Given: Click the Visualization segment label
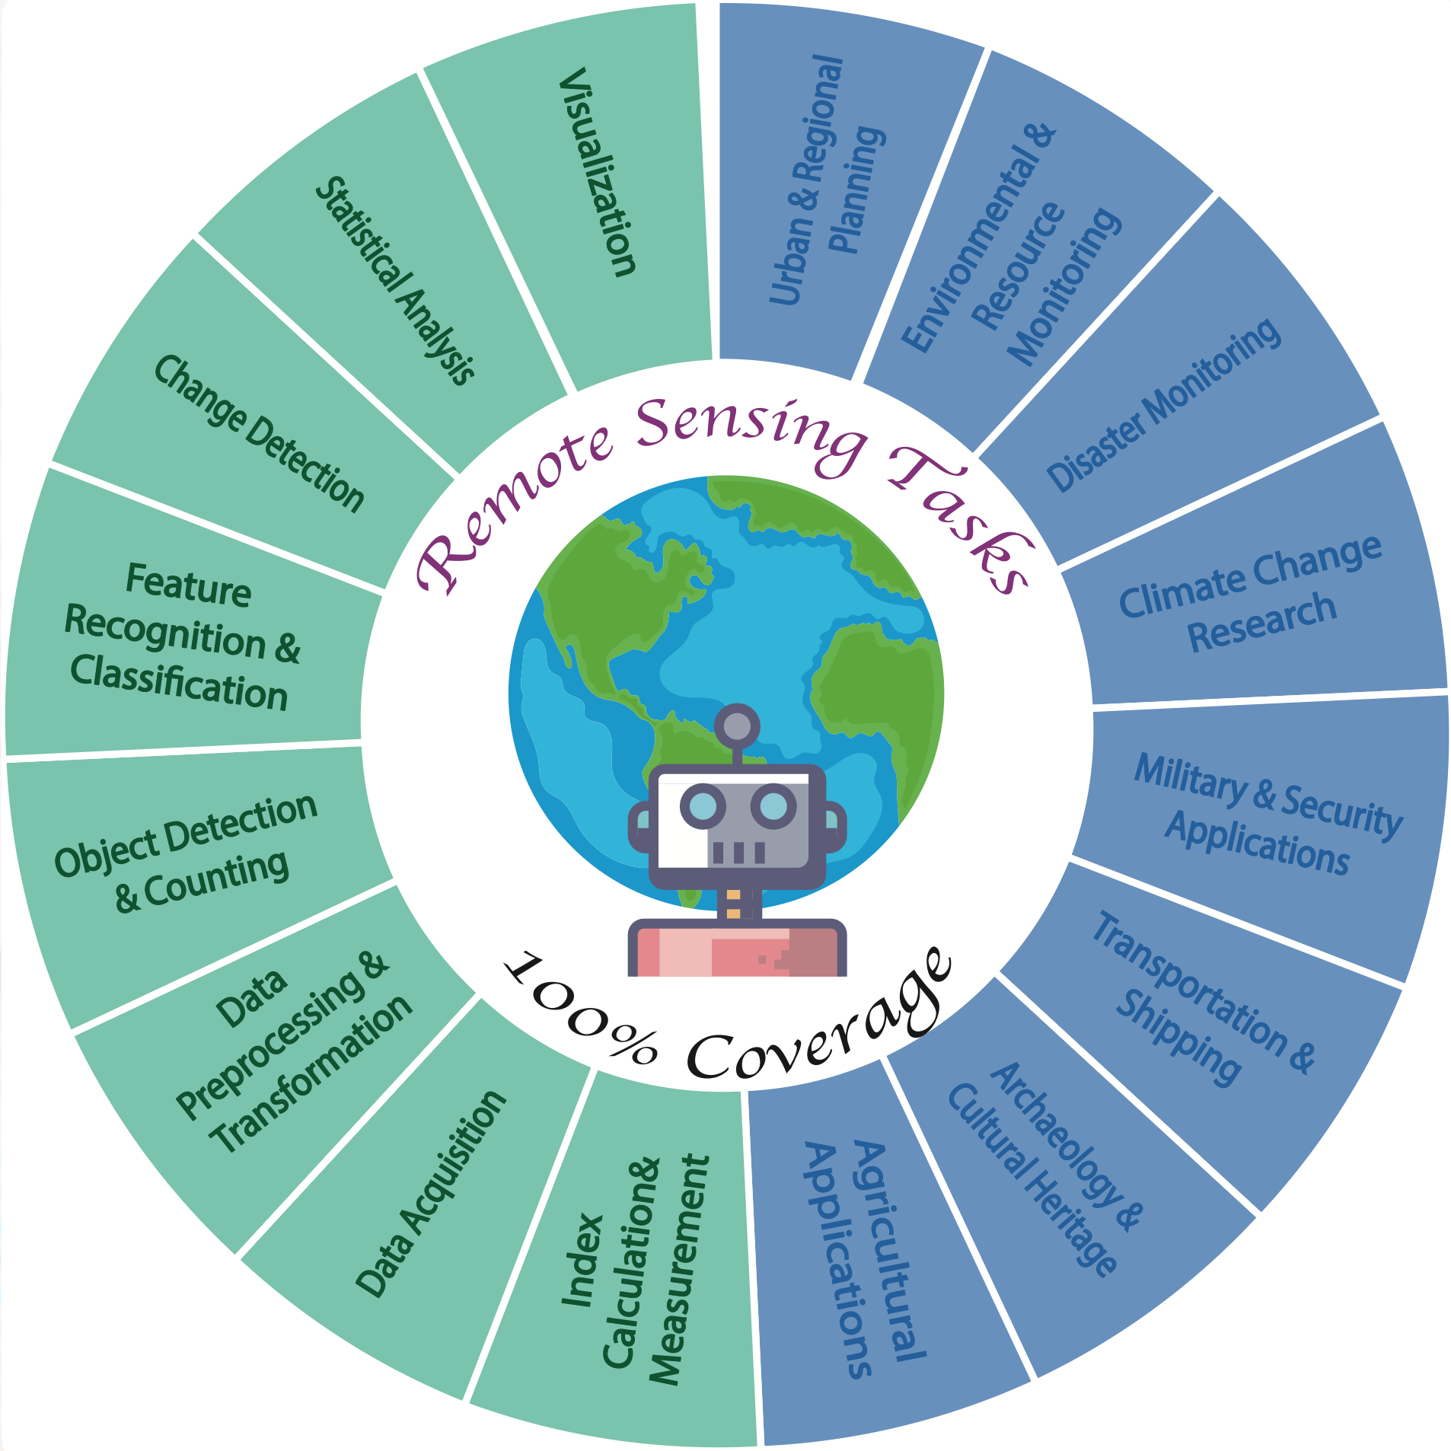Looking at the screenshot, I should click(x=598, y=172).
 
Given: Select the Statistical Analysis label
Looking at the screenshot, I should click(x=395, y=280).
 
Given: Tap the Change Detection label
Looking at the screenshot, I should click(x=259, y=433).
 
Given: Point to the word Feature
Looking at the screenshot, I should click(x=188, y=585).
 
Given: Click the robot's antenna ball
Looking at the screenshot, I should click(x=736, y=725).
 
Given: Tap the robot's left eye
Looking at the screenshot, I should click(x=702, y=805).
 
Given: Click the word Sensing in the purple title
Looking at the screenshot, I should click(x=749, y=430).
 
